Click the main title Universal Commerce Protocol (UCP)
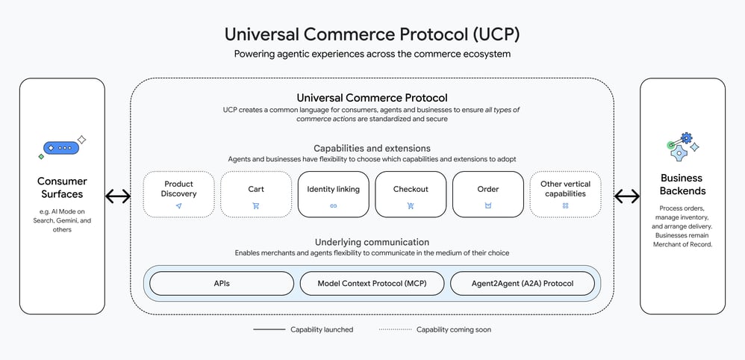pyautogui.click(x=372, y=34)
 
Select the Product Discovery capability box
pyautogui.click(x=178, y=194)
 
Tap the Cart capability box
pyautogui.click(x=256, y=194)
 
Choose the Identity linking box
pyautogui.click(x=333, y=194)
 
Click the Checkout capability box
pyautogui.click(x=411, y=194)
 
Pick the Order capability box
pyautogui.click(x=488, y=194)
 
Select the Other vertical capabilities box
pyautogui.click(x=565, y=194)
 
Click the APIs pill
pyautogui.click(x=222, y=284)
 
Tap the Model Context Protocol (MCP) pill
pyautogui.click(x=372, y=284)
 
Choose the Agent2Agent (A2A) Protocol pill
pyautogui.click(x=523, y=284)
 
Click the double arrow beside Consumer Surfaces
pyautogui.click(x=118, y=196)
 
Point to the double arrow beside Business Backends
pyautogui.click(x=627, y=196)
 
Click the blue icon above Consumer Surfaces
pyautogui.click(x=62, y=148)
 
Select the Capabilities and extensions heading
pyautogui.click(x=372, y=149)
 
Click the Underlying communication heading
pyautogui.click(x=372, y=242)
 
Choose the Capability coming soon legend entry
pyautogui.click(x=434, y=329)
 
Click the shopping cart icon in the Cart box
pyautogui.click(x=256, y=205)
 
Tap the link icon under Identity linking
pyautogui.click(x=333, y=205)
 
